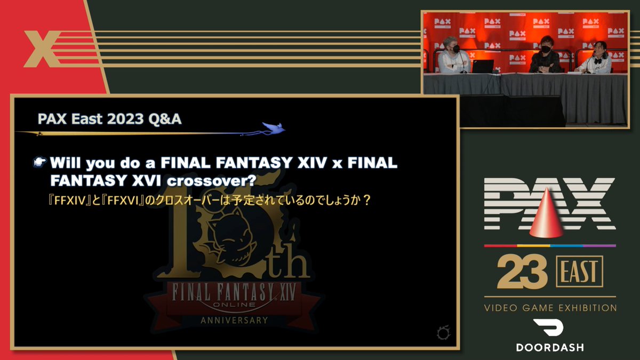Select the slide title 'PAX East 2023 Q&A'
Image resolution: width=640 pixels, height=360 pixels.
point(110,119)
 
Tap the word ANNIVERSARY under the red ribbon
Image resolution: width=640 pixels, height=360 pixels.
point(234,321)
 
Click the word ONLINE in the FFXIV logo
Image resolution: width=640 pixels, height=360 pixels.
point(235,305)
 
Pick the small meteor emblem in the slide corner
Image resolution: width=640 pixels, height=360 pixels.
point(442,334)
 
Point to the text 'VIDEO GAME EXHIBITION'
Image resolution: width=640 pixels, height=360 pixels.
point(550,308)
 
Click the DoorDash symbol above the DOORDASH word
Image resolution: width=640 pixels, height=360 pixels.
point(549,329)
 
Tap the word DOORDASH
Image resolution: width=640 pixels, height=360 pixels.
point(550,347)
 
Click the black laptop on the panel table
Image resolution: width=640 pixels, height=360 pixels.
point(483,66)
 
